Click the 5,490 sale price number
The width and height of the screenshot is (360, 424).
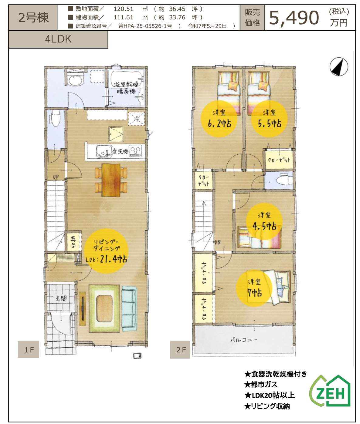294,18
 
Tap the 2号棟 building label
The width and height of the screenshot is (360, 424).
33,17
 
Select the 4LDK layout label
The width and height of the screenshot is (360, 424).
58,39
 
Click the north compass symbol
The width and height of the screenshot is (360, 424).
339,67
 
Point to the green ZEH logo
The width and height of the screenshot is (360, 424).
330,391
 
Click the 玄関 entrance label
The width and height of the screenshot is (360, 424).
61,298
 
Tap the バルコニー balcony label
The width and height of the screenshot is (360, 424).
243,340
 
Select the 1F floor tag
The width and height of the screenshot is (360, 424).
29,350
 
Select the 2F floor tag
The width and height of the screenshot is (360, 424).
180,350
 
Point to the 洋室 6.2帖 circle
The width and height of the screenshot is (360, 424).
219,119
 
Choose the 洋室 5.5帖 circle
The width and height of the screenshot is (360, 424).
269,119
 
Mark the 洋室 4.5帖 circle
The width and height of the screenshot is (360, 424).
264,221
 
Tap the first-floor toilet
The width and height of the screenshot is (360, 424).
56,119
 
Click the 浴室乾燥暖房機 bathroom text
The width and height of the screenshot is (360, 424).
125,87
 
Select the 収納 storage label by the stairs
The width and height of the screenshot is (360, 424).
74,241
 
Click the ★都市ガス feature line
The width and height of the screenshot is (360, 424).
261,385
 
